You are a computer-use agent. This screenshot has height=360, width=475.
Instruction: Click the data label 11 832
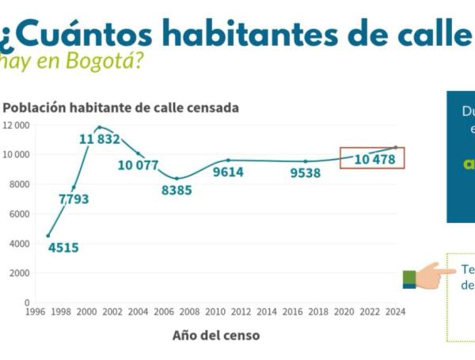(x=100, y=139)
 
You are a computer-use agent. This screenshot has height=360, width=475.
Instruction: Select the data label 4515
(x=63, y=248)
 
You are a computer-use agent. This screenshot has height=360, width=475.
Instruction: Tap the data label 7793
(x=74, y=199)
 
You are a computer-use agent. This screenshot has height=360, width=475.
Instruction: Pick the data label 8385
(x=177, y=190)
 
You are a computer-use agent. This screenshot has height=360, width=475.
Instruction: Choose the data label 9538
(x=305, y=172)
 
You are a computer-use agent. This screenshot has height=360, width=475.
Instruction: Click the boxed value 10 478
(x=373, y=159)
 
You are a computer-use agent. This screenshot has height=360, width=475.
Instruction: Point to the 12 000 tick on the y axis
(x=16, y=125)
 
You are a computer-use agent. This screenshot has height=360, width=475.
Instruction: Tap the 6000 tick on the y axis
(x=18, y=214)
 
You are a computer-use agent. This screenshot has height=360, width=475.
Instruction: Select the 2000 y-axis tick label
(x=18, y=273)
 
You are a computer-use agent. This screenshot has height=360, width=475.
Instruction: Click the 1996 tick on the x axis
(x=36, y=312)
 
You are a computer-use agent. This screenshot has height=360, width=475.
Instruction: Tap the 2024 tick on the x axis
(x=395, y=312)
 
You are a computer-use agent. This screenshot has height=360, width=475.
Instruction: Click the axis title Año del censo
(x=215, y=335)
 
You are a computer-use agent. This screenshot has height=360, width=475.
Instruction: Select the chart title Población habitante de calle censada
(x=121, y=107)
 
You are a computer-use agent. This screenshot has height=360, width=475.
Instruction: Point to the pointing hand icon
(x=428, y=277)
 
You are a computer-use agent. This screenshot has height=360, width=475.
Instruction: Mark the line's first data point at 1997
(x=48, y=235)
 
